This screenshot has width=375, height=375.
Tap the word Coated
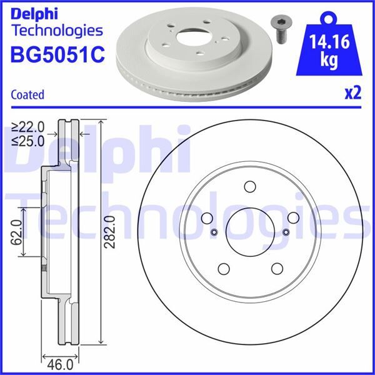coord(27,95)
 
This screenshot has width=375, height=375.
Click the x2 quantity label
coord(353,94)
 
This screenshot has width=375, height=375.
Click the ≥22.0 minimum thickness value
coord(27,127)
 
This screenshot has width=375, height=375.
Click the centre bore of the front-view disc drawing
coord(249,231)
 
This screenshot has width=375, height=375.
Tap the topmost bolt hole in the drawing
coord(250,186)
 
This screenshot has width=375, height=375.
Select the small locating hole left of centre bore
coord(213,232)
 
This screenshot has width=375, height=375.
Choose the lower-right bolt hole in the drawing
coord(276,267)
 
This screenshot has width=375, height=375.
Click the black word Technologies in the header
coord(57,30)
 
